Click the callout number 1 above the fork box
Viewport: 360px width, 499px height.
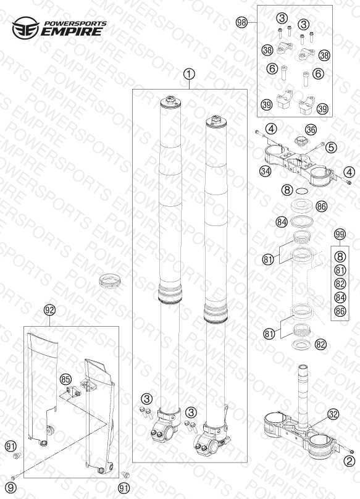coord(189,75)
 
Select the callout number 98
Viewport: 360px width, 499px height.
coord(241,23)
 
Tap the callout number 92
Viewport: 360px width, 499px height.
coord(49,310)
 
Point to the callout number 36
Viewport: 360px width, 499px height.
coord(311,130)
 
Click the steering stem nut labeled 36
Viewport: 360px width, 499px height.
coord(300,141)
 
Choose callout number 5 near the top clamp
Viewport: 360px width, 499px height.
coord(331,148)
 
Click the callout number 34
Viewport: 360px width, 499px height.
coord(265,171)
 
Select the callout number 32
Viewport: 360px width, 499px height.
coord(333,414)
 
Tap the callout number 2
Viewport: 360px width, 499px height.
coord(350,461)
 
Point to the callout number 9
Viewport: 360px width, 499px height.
coord(10,487)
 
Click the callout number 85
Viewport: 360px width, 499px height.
coord(65,379)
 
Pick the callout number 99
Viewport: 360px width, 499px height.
coord(340,235)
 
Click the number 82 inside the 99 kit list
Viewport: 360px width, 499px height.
coord(340,284)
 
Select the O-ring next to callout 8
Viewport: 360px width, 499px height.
coord(302,191)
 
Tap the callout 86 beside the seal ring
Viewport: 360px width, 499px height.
coord(321,206)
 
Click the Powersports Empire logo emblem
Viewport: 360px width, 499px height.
coord(25,28)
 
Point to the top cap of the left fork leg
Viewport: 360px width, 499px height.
coord(170,102)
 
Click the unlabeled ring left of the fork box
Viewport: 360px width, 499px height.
coord(110,282)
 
